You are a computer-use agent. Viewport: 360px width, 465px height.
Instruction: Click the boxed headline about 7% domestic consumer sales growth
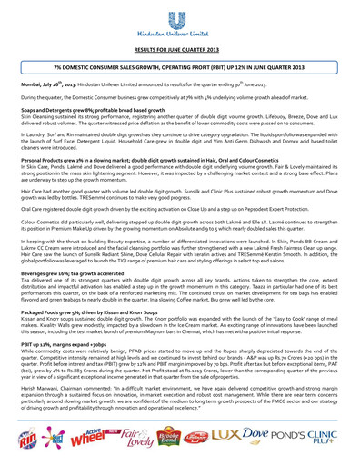click(179, 67)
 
